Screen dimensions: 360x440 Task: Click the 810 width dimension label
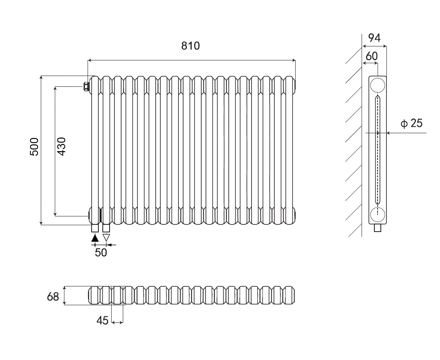tap(190, 46)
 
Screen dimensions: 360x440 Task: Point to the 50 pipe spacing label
tap(101, 253)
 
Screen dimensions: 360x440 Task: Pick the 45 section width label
tap(103, 320)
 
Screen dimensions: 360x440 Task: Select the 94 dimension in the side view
tap(374, 38)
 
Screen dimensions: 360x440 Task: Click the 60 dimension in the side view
tap(372, 56)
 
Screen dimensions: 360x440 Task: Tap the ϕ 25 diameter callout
tap(411, 124)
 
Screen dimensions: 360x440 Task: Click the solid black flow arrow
tap(95, 238)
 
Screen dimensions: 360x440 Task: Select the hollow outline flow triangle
tap(106, 238)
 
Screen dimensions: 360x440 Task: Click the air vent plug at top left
tap(86, 86)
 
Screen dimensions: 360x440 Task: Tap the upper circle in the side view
tap(378, 86)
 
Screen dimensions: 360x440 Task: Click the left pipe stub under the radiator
tap(95, 228)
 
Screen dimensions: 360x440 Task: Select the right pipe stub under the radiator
tap(106, 228)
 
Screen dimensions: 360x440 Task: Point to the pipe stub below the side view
tap(377, 228)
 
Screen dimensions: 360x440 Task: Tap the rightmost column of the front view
tap(290, 150)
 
